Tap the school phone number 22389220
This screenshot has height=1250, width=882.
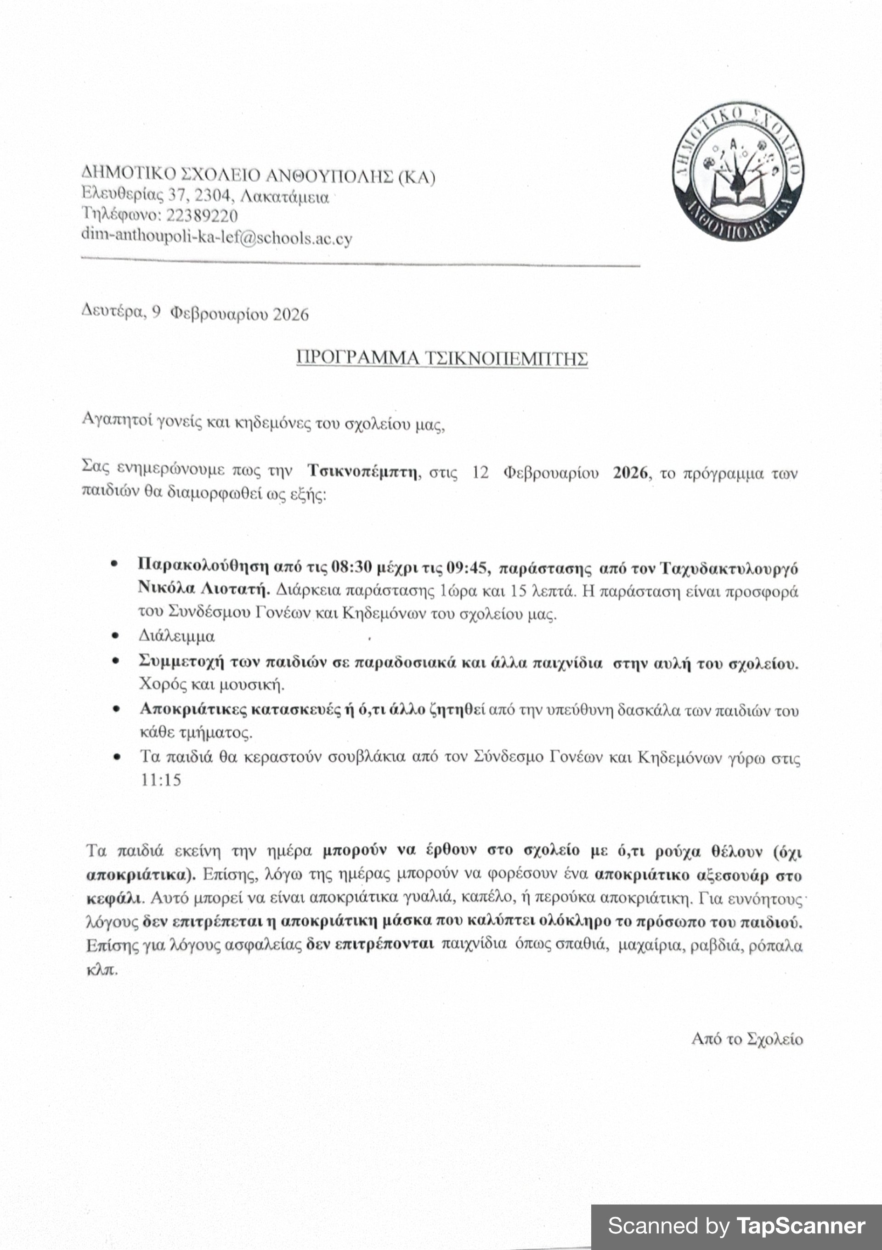click(x=202, y=216)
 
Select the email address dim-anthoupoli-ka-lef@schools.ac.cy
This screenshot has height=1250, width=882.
click(x=217, y=238)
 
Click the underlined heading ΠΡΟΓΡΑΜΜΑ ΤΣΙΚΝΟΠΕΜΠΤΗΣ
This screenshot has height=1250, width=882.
click(x=441, y=358)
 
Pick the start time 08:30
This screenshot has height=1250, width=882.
click(x=352, y=567)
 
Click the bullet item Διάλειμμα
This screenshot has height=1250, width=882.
click(x=176, y=636)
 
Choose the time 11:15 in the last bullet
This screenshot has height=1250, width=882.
click(x=161, y=780)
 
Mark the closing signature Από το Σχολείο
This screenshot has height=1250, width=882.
click(x=746, y=1039)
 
